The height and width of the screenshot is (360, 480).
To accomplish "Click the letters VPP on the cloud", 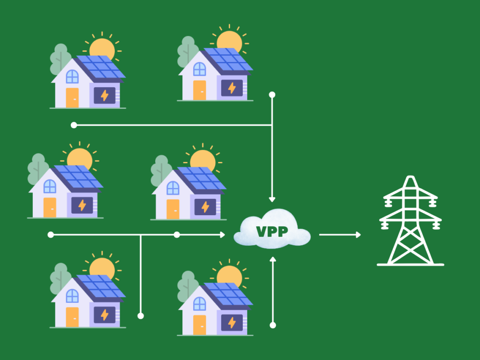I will (x=272, y=232).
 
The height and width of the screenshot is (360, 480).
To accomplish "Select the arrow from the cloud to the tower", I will (x=340, y=234).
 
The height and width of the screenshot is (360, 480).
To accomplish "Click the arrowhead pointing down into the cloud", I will (x=272, y=199).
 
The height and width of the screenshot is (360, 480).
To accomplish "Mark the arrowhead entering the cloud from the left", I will (x=222, y=234).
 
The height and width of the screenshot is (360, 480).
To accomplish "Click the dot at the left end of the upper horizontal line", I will (x=74, y=125).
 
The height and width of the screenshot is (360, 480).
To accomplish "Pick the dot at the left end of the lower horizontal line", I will (x=51, y=234).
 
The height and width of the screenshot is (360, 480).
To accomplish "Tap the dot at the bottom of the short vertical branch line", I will (x=141, y=315).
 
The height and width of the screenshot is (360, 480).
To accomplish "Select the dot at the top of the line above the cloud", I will (x=272, y=95).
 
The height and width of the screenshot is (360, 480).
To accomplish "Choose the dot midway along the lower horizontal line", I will (x=177, y=234).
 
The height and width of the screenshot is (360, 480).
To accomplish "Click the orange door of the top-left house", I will (x=72, y=97).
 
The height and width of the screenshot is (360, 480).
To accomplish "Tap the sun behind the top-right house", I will (x=229, y=41).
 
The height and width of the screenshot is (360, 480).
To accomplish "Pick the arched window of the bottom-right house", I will (x=199, y=298).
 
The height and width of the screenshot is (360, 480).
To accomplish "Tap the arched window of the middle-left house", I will (x=50, y=187).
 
